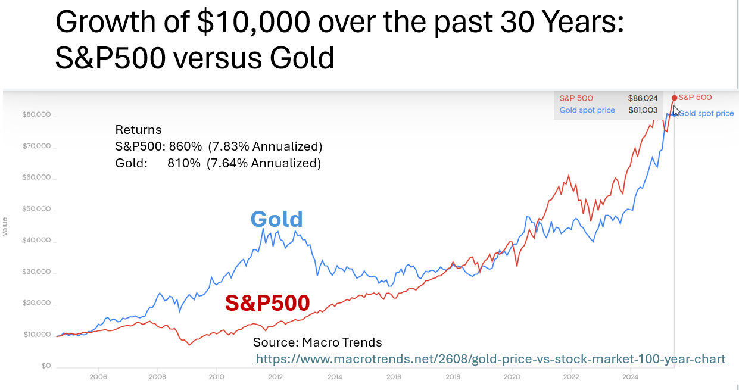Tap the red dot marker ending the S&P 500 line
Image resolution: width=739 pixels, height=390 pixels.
tap(674, 98)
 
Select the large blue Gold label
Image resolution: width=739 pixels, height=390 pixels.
tap(276, 219)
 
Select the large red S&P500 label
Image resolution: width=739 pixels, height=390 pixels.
tap(267, 303)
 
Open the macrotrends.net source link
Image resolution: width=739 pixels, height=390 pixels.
tap(490, 359)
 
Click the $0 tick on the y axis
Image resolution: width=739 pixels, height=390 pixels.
tap(45, 366)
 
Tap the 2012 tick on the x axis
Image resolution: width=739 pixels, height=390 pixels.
tap(275, 377)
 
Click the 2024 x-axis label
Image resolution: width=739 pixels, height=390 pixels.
tap(629, 377)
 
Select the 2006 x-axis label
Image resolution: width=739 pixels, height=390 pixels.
tap(98, 377)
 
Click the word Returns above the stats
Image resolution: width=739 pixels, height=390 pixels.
tap(138, 130)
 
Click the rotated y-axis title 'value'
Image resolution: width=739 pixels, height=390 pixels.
tap(6, 226)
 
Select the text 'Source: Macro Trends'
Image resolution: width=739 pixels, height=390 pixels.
tap(317, 342)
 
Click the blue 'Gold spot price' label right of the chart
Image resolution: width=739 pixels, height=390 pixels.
tap(706, 113)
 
